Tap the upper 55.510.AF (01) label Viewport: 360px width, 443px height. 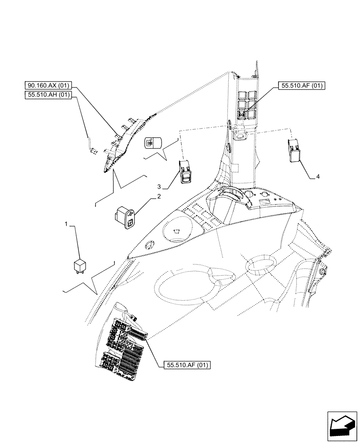[x=302, y=86]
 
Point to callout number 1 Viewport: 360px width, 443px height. [x=67, y=225]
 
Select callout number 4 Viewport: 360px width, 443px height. [x=317, y=176]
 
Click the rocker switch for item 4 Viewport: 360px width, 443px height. [x=293, y=149]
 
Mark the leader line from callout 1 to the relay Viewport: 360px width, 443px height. [x=78, y=241]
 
